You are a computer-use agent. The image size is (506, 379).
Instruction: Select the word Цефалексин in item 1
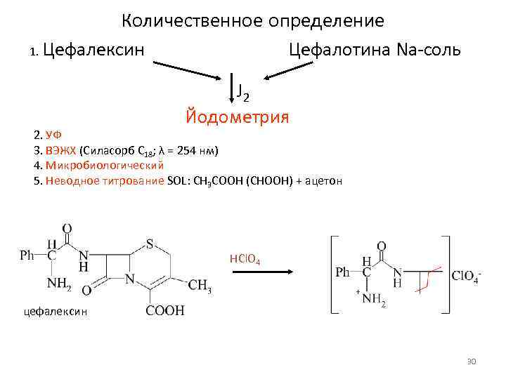pyautogui.click(x=94, y=50)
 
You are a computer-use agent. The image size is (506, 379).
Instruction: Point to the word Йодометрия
pyautogui.click(x=237, y=115)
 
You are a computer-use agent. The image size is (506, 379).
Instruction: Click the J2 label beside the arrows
pyautogui.click(x=243, y=91)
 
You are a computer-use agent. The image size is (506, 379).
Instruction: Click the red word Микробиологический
pyautogui.click(x=104, y=165)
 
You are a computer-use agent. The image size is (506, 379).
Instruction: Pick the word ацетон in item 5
pyautogui.click(x=324, y=180)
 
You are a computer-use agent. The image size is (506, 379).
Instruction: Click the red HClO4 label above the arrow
pyautogui.click(x=245, y=260)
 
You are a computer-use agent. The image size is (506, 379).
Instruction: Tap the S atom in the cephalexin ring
pyautogui.click(x=150, y=244)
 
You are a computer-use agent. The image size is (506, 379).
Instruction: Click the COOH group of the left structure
pyautogui.click(x=166, y=310)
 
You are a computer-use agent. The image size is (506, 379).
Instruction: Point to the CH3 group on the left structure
pyautogui.click(x=200, y=286)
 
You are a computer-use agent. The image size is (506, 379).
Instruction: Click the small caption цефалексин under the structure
pyautogui.click(x=56, y=311)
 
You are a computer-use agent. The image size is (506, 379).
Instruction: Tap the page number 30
pyautogui.click(x=472, y=361)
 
